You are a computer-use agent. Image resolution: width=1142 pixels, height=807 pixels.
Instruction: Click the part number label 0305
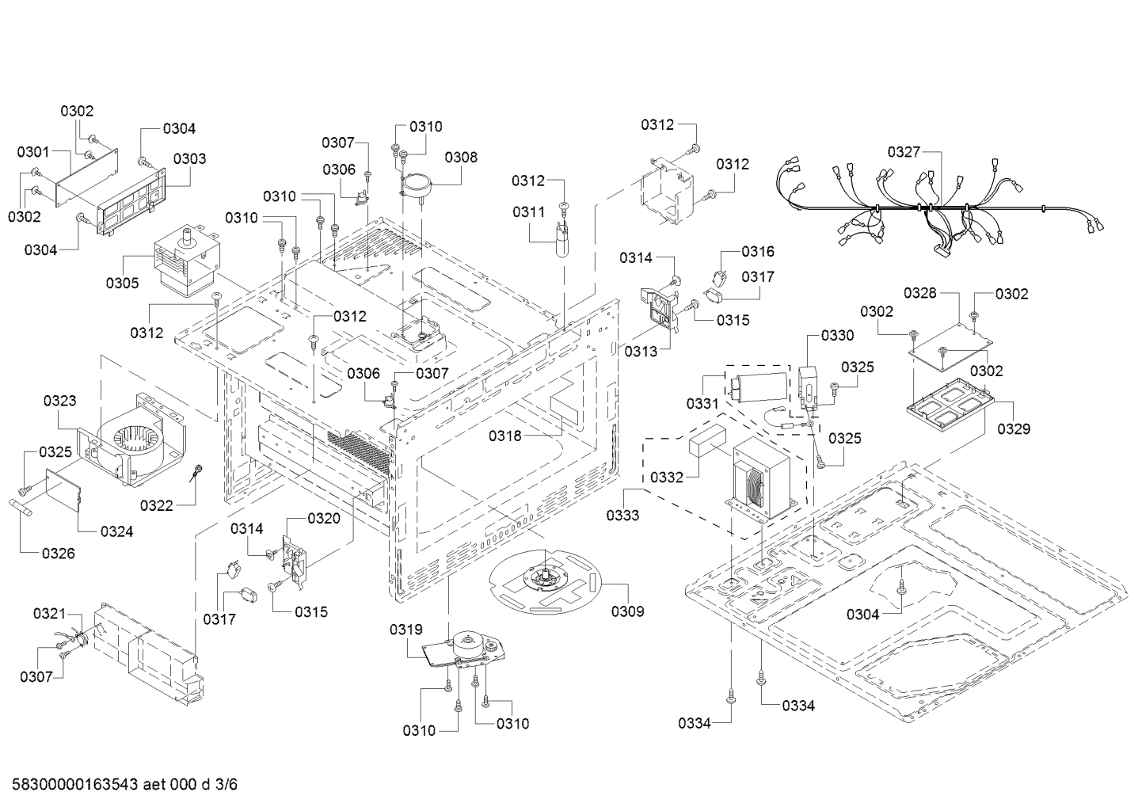click(x=123, y=283)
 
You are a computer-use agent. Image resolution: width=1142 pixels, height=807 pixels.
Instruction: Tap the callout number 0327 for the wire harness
click(x=904, y=151)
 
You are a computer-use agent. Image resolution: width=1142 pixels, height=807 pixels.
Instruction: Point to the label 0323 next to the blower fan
click(x=60, y=401)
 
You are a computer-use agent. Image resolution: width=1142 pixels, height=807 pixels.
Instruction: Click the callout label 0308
click(x=461, y=157)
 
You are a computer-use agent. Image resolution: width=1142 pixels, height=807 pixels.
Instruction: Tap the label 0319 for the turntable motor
click(x=405, y=630)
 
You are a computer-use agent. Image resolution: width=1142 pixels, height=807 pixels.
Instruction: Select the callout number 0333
click(x=624, y=516)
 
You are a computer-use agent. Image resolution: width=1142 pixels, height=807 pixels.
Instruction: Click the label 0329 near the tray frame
click(x=1014, y=428)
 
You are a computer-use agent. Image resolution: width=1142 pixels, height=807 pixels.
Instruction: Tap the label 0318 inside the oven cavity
click(x=505, y=435)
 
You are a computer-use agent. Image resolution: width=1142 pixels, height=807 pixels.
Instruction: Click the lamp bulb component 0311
click(x=562, y=237)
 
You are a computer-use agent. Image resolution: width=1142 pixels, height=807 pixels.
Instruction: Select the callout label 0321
click(x=50, y=614)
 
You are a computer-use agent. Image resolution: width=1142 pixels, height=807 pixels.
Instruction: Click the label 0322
click(x=158, y=505)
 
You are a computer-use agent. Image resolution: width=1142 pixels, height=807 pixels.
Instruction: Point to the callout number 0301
click(x=33, y=151)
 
